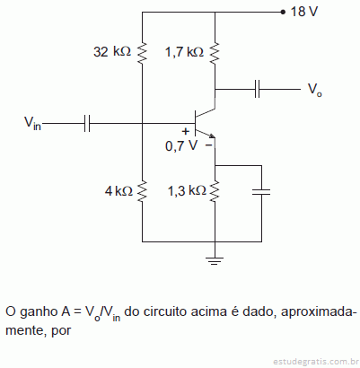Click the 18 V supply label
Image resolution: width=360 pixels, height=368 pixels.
(303, 12)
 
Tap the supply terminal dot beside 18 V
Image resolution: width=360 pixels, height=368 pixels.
(283, 13)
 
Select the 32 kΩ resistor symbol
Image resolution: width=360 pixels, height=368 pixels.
(142, 53)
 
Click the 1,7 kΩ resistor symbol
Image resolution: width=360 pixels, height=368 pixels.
(215, 53)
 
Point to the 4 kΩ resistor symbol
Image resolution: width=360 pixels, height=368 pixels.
(142, 190)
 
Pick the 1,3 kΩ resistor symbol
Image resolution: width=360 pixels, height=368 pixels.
(215, 190)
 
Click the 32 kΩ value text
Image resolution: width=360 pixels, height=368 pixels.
(112, 52)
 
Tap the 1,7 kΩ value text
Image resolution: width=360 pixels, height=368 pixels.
(184, 52)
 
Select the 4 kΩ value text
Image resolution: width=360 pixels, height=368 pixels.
(119, 190)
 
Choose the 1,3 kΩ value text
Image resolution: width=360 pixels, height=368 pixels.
(187, 190)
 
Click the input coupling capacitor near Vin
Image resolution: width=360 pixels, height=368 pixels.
(87, 123)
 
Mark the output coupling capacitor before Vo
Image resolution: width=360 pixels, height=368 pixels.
(257, 89)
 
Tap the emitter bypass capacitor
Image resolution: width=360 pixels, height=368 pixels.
(261, 192)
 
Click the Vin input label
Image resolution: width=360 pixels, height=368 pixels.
(32, 123)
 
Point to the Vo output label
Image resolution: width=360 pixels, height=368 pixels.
(315, 90)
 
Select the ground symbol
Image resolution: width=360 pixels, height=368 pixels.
(215, 261)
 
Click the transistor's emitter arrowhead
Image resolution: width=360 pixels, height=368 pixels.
(212, 136)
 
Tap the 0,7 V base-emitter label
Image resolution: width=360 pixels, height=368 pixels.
(181, 145)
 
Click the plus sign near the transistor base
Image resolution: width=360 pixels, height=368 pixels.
(186, 131)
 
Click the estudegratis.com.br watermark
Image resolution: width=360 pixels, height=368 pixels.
(315, 362)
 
